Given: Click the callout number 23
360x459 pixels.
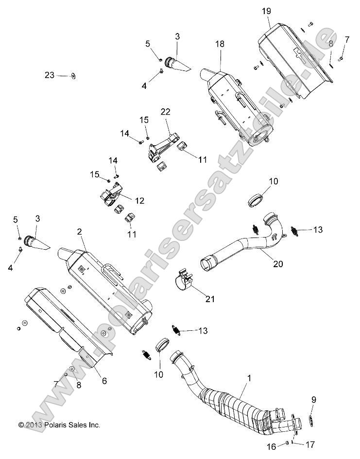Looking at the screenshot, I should [50, 75].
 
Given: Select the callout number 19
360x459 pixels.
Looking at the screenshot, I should [266, 11].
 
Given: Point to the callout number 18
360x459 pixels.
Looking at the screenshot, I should [220, 44].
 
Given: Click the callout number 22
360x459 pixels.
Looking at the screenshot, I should [166, 111].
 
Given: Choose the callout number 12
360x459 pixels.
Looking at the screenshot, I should [139, 200].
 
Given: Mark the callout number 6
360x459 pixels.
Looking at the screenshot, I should [103, 368].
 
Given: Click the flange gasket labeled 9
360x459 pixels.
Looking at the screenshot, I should [311, 419].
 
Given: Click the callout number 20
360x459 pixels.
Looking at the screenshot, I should [278, 264].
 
